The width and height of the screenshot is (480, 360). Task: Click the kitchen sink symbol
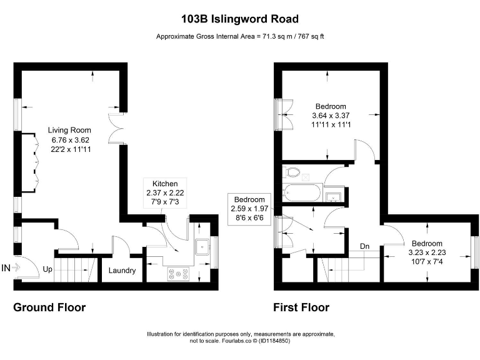[202, 247]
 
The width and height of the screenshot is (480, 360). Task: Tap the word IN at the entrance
[6, 268]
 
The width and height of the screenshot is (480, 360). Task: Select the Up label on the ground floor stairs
[47, 270]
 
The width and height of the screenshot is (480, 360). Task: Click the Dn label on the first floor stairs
[365, 246]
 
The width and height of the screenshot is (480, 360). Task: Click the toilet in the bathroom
[292, 172]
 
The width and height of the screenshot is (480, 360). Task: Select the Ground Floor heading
[49, 307]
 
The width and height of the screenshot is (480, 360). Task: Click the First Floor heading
[301, 307]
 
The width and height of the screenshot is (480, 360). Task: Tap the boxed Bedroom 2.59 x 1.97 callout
[249, 208]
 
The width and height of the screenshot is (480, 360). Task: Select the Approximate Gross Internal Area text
[240, 36]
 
